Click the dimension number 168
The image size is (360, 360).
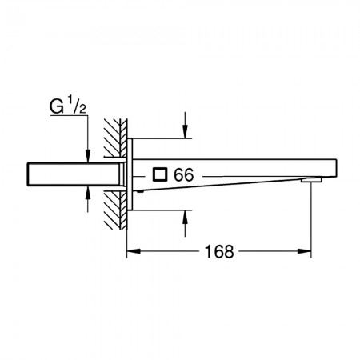tap(219, 252)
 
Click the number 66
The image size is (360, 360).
tap(184, 175)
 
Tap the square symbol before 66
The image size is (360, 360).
tap(160, 174)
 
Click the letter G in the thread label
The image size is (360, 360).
tap(57, 107)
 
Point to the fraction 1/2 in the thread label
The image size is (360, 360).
tap(77, 105)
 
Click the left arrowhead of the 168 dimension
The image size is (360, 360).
tap(134, 251)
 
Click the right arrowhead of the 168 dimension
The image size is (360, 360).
tap(304, 251)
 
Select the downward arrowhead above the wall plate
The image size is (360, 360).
tap(185, 131)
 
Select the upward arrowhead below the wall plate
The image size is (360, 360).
tap(185, 217)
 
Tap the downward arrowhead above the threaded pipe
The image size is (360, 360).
tap(88, 155)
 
